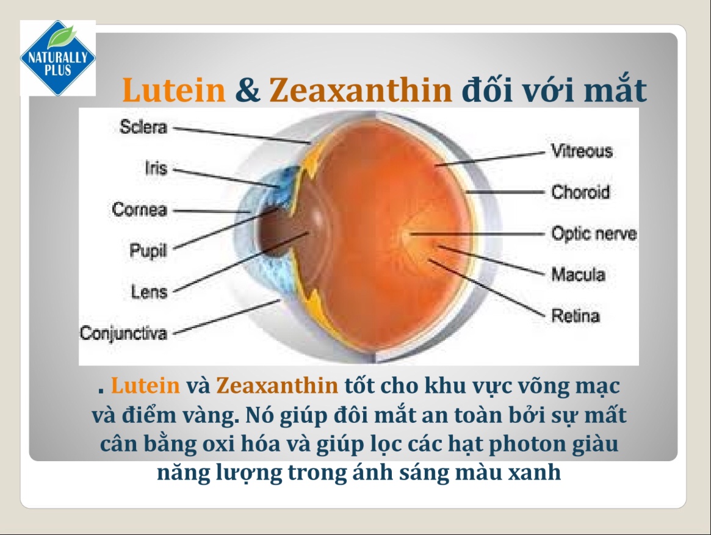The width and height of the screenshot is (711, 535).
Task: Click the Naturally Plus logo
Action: [58, 59]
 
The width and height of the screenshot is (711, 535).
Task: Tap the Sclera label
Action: [143, 128]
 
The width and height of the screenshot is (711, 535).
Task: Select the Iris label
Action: [156, 168]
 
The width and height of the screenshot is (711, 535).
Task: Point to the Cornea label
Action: [139, 210]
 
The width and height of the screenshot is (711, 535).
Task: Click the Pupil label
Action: [148, 250]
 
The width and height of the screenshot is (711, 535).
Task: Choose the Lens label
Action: [149, 292]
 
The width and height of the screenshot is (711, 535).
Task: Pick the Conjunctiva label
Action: [123, 333]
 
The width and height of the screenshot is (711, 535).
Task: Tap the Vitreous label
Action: [582, 151]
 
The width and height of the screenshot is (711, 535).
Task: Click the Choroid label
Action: [580, 192]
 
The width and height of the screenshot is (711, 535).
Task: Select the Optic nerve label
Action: [593, 234]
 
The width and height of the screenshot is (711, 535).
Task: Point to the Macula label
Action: [578, 275]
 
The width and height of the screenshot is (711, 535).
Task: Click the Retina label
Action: [575, 316]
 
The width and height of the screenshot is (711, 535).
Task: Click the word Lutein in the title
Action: [174, 90]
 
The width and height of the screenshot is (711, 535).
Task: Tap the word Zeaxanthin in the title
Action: [361, 90]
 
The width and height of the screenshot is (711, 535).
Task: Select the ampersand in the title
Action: [247, 90]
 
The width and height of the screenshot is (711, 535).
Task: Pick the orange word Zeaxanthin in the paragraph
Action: [276, 386]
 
